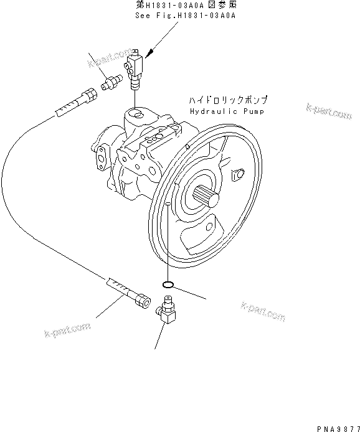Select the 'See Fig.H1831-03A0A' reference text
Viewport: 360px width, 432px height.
click(x=184, y=16)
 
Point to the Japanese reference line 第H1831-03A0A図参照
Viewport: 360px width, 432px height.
click(x=184, y=6)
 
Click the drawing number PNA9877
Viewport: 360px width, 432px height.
click(x=337, y=426)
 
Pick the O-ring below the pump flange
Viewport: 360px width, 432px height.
click(x=166, y=284)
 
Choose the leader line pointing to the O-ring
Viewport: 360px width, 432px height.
click(x=190, y=292)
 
